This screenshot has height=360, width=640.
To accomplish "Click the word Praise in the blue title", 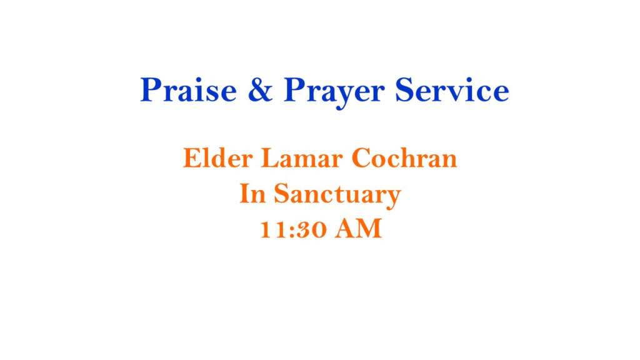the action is click(x=189, y=89).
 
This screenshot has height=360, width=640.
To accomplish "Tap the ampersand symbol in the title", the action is click(x=260, y=89).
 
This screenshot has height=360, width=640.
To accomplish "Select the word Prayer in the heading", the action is click(x=334, y=92).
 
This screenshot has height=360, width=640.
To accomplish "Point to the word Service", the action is click(x=452, y=89).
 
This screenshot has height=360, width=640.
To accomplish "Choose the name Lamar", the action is click(x=302, y=158).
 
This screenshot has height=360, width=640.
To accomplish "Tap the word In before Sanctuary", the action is click(x=252, y=193).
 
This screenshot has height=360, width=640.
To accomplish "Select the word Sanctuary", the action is click(x=337, y=195).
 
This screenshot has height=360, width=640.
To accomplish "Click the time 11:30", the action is click(x=294, y=229).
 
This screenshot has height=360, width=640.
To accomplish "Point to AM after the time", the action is click(x=358, y=229).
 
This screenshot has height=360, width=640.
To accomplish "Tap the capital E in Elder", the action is click(x=192, y=158).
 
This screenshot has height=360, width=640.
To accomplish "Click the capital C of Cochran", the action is click(x=362, y=158).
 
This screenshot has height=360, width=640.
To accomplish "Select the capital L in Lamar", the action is click(x=270, y=158).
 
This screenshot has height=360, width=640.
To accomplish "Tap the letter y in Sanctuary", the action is click(x=392, y=198).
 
